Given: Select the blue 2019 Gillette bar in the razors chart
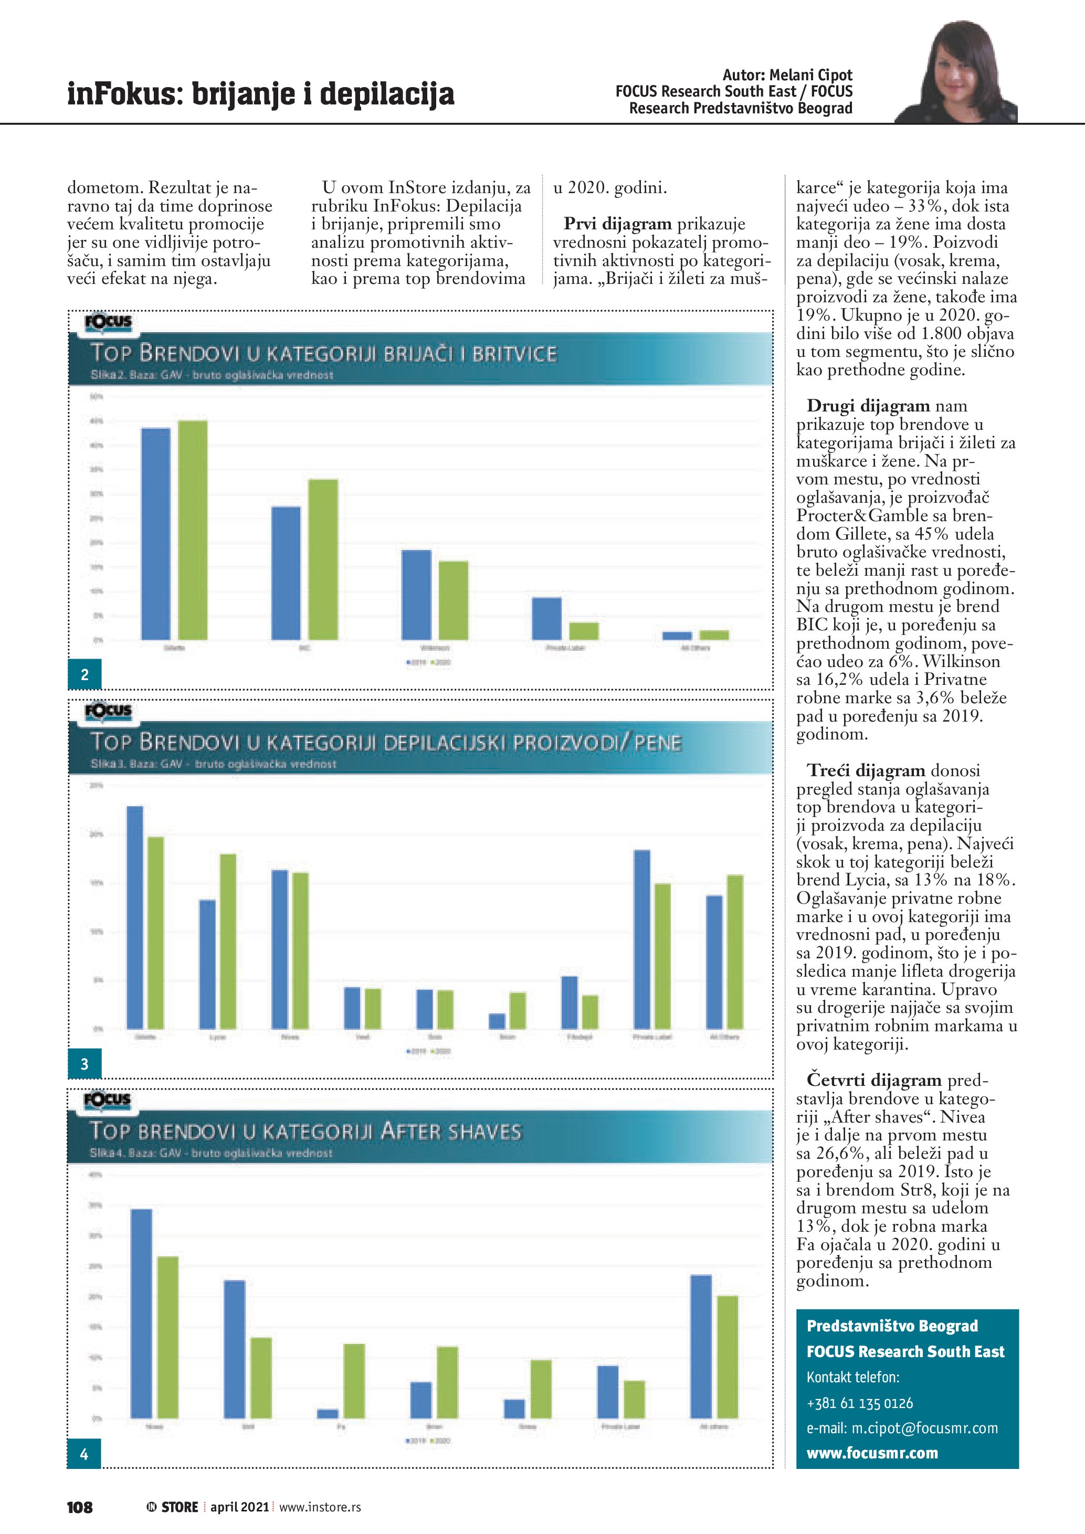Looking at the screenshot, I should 156,534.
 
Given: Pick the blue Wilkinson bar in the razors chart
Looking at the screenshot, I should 416,595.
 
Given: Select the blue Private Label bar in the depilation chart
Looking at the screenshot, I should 641,939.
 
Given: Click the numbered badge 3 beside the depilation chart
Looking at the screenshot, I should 84,1064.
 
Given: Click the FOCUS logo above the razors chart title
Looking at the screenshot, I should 108,322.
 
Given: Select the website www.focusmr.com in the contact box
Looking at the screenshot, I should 872,1453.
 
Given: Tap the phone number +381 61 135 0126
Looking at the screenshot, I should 859,1402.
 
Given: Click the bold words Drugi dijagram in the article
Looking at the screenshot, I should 868,406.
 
